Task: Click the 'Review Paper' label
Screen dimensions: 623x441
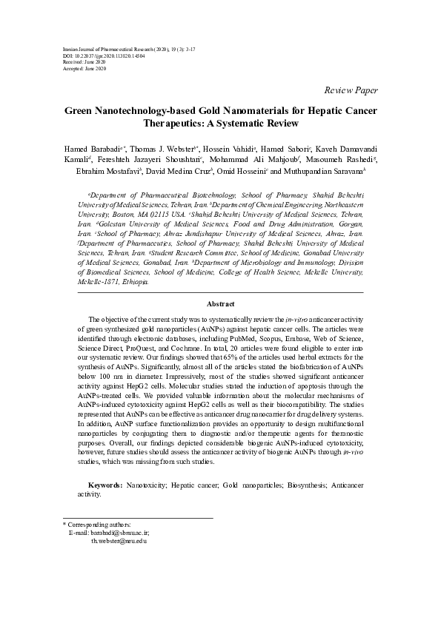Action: coord(351,90)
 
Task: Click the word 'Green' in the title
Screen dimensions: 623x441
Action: coord(79,110)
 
